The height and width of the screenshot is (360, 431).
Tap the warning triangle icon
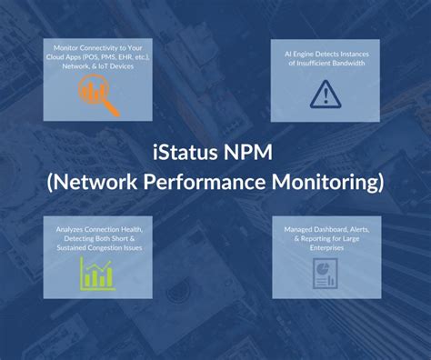325,95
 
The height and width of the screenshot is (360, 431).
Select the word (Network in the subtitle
90,182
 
